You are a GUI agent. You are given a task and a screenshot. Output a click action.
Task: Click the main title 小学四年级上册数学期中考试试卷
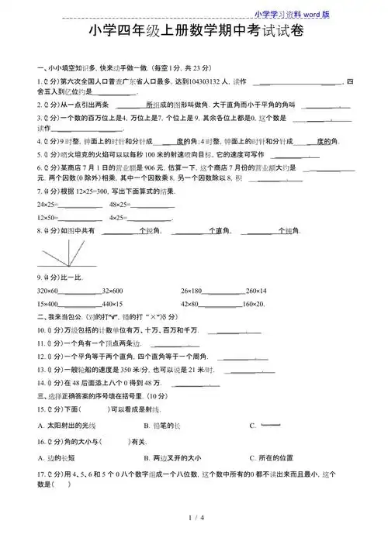(194, 33)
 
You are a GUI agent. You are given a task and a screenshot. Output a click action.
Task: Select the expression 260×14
(255, 290)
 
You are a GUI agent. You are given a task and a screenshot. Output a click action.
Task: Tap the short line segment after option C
(270, 425)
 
